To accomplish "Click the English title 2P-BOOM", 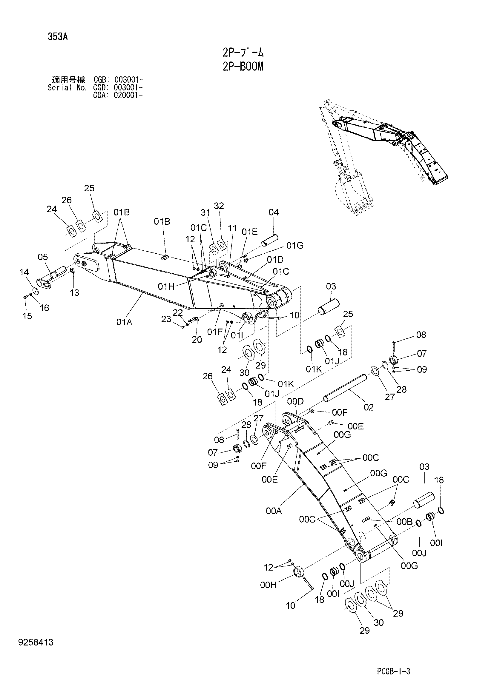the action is (x=243, y=66).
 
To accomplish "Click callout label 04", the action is (x=274, y=212).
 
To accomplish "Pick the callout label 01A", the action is (x=124, y=322).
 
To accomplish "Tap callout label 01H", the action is (x=166, y=286).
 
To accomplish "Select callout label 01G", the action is (x=295, y=245).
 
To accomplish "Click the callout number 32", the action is (x=219, y=206).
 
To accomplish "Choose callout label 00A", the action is (x=274, y=511).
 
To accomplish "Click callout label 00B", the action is (x=404, y=522).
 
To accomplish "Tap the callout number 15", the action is (x=27, y=316).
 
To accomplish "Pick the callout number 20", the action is (x=197, y=340).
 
